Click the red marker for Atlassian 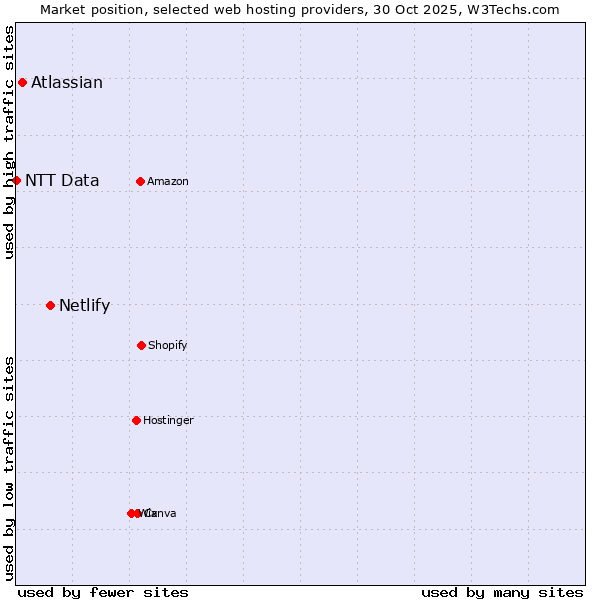click(22, 82)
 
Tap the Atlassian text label click(67, 83)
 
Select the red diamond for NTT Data click(16, 180)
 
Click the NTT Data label click(62, 181)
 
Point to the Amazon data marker click(140, 181)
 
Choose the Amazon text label click(168, 181)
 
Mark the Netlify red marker click(50, 305)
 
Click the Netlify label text click(84, 306)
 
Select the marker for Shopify click(141, 345)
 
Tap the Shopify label click(168, 346)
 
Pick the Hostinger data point click(136, 420)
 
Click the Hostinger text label click(168, 421)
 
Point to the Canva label click(162, 514)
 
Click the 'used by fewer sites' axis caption click(103, 592)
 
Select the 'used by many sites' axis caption click(502, 592)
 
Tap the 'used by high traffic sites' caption click(9, 142)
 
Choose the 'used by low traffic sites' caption click(9, 468)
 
